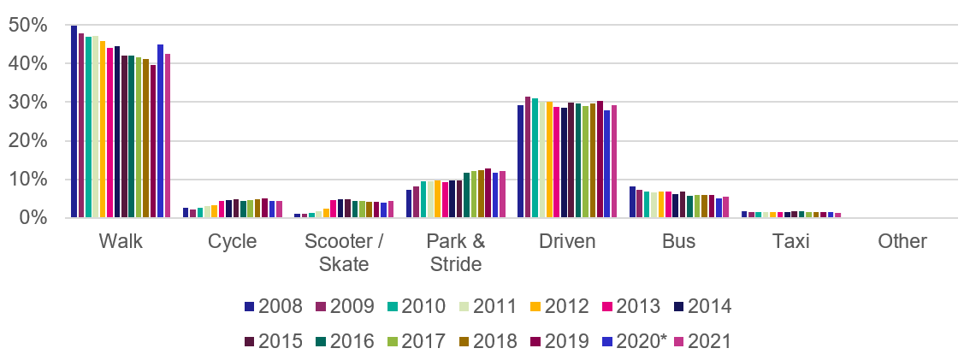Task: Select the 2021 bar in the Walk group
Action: click(x=168, y=136)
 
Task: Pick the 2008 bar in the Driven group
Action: click(x=521, y=162)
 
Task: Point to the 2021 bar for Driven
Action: click(x=614, y=162)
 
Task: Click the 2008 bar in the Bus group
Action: click(x=632, y=202)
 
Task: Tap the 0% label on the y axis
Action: click(x=32, y=218)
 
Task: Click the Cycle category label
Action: click(x=233, y=242)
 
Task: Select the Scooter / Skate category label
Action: click(x=344, y=252)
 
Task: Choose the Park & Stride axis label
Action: click(x=455, y=252)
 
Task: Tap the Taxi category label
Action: click(x=790, y=242)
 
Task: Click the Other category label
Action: click(x=902, y=242)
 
